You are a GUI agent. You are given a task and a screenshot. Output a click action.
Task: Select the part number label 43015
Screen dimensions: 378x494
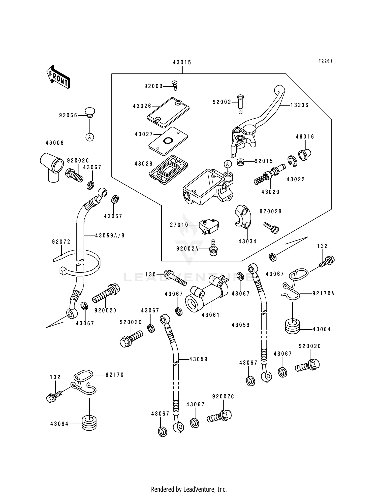[x=182, y=62]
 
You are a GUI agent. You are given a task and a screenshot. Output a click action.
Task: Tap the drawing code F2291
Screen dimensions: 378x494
[x=325, y=61]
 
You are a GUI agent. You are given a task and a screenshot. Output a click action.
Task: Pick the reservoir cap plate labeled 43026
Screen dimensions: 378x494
[x=168, y=112]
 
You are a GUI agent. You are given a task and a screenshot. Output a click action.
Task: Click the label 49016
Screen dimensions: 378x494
[x=305, y=137]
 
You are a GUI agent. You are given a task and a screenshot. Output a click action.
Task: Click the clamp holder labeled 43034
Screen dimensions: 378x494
[x=243, y=217]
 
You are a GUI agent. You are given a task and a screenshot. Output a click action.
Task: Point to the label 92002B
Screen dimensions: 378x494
[x=271, y=212]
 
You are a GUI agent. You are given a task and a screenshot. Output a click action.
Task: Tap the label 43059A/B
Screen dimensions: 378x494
[x=110, y=236]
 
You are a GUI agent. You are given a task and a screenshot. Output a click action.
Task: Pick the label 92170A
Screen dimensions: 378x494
[x=323, y=294]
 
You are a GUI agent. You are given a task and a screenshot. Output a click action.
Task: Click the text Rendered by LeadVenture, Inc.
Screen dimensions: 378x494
[x=189, y=489]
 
